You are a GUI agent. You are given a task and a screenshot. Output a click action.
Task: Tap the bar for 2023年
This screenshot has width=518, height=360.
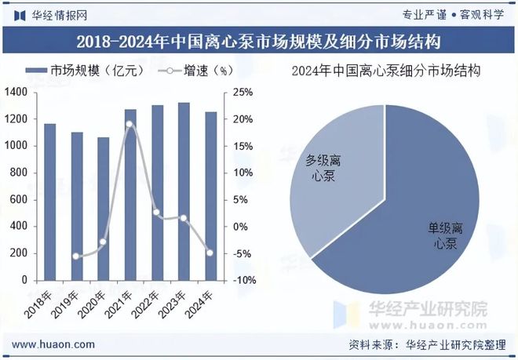(184, 191)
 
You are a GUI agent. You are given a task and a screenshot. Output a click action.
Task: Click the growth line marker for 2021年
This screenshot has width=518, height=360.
(130, 124)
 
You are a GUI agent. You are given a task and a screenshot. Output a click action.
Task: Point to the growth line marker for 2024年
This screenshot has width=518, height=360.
(210, 253)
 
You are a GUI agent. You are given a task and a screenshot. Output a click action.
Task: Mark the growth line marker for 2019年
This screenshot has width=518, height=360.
(77, 256)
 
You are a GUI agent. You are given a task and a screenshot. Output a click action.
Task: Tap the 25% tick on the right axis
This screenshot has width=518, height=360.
(243, 93)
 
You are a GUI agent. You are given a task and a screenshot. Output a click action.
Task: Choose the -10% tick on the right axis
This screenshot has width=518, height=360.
(245, 280)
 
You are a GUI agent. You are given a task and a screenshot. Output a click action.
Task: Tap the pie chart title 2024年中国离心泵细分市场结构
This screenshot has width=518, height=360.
(385, 71)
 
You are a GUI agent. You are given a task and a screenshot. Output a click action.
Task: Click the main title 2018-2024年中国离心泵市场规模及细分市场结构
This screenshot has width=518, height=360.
(259, 40)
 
